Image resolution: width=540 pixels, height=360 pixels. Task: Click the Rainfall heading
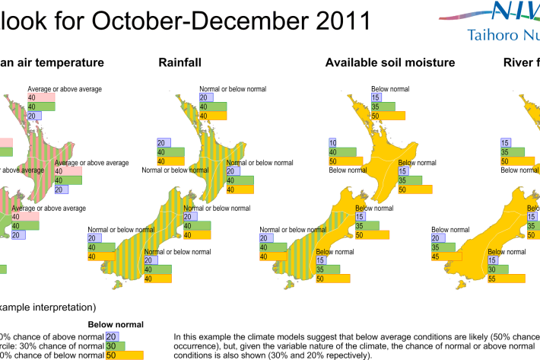180,62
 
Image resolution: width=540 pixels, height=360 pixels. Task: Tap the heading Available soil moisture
389,62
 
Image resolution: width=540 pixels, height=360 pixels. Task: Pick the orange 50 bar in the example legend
125,355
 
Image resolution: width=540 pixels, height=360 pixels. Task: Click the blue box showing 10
332,143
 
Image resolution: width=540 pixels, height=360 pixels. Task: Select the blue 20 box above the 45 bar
437,238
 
